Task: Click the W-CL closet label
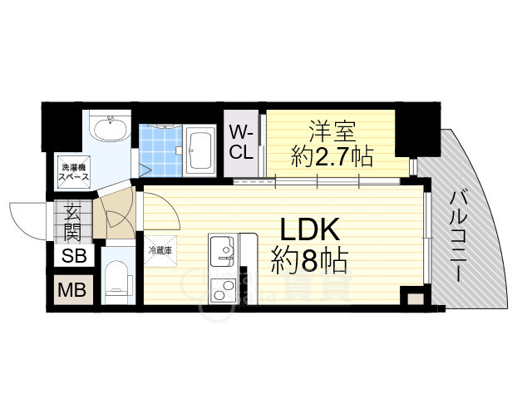(x=241, y=142)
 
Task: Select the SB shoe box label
(x=74, y=256)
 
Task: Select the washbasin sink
(x=109, y=130)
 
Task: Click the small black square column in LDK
(x=410, y=297)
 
